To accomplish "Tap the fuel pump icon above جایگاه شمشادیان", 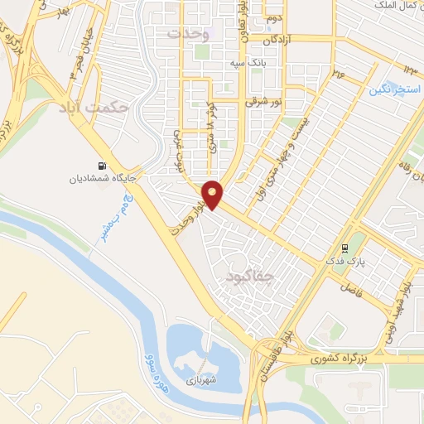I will click(x=103, y=166).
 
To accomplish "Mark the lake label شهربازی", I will click(x=200, y=382).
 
